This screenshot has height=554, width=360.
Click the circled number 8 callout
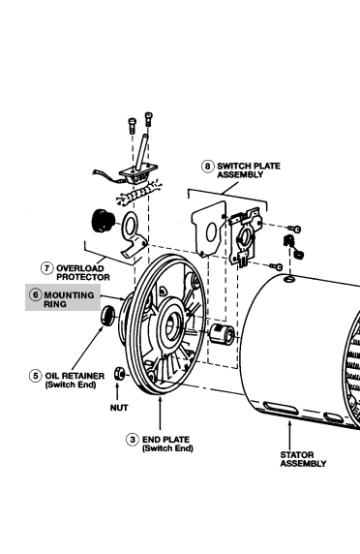tap(207, 166)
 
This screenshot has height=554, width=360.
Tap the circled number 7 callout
tap(47, 268)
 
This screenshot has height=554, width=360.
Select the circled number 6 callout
tap(35, 295)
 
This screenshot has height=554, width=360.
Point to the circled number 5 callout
tap(35, 376)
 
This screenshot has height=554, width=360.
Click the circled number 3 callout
tap(133, 440)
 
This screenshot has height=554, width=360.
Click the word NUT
tap(119, 408)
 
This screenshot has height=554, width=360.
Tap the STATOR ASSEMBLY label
tap(303, 459)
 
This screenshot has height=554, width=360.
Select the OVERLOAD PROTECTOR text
tap(83, 273)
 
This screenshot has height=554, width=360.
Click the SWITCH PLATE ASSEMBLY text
tap(249, 170)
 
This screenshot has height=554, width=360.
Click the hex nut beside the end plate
tap(119, 374)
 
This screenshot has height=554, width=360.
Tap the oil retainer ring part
tap(107, 316)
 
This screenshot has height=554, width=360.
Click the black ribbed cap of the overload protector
tap(103, 221)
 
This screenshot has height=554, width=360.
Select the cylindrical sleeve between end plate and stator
tap(222, 334)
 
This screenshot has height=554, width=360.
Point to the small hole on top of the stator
tap(289, 280)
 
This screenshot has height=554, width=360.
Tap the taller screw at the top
tap(149, 119)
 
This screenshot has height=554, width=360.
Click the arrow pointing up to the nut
tap(117, 392)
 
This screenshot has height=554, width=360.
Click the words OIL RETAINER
tap(75, 376)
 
